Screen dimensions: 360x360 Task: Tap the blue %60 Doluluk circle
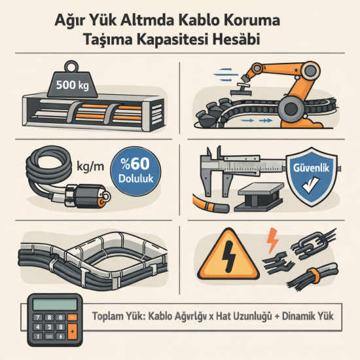137,171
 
